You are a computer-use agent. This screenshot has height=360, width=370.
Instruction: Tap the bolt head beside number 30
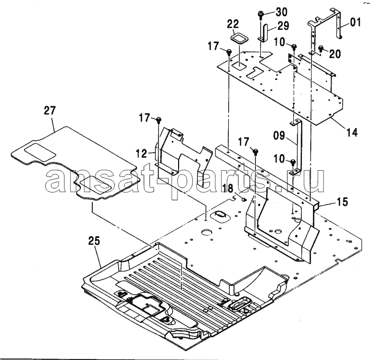point(262,14)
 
